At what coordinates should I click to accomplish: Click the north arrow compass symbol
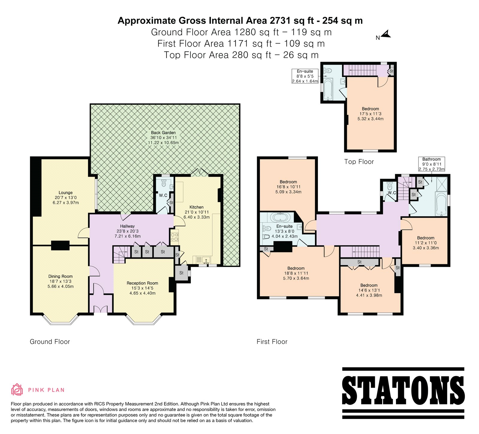click(x=386, y=34)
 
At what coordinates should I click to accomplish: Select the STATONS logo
click(x=403, y=393)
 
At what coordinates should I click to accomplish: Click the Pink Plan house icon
click(x=17, y=389)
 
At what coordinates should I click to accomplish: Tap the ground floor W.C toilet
click(x=164, y=183)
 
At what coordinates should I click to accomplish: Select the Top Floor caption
click(x=359, y=162)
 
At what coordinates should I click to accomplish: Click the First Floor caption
click(x=272, y=342)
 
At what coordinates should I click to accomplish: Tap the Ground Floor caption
click(x=50, y=342)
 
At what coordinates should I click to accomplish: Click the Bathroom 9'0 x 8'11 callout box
click(x=431, y=164)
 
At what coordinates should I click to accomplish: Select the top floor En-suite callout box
click(x=305, y=76)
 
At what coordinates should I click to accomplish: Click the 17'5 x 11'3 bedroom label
click(x=370, y=114)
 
